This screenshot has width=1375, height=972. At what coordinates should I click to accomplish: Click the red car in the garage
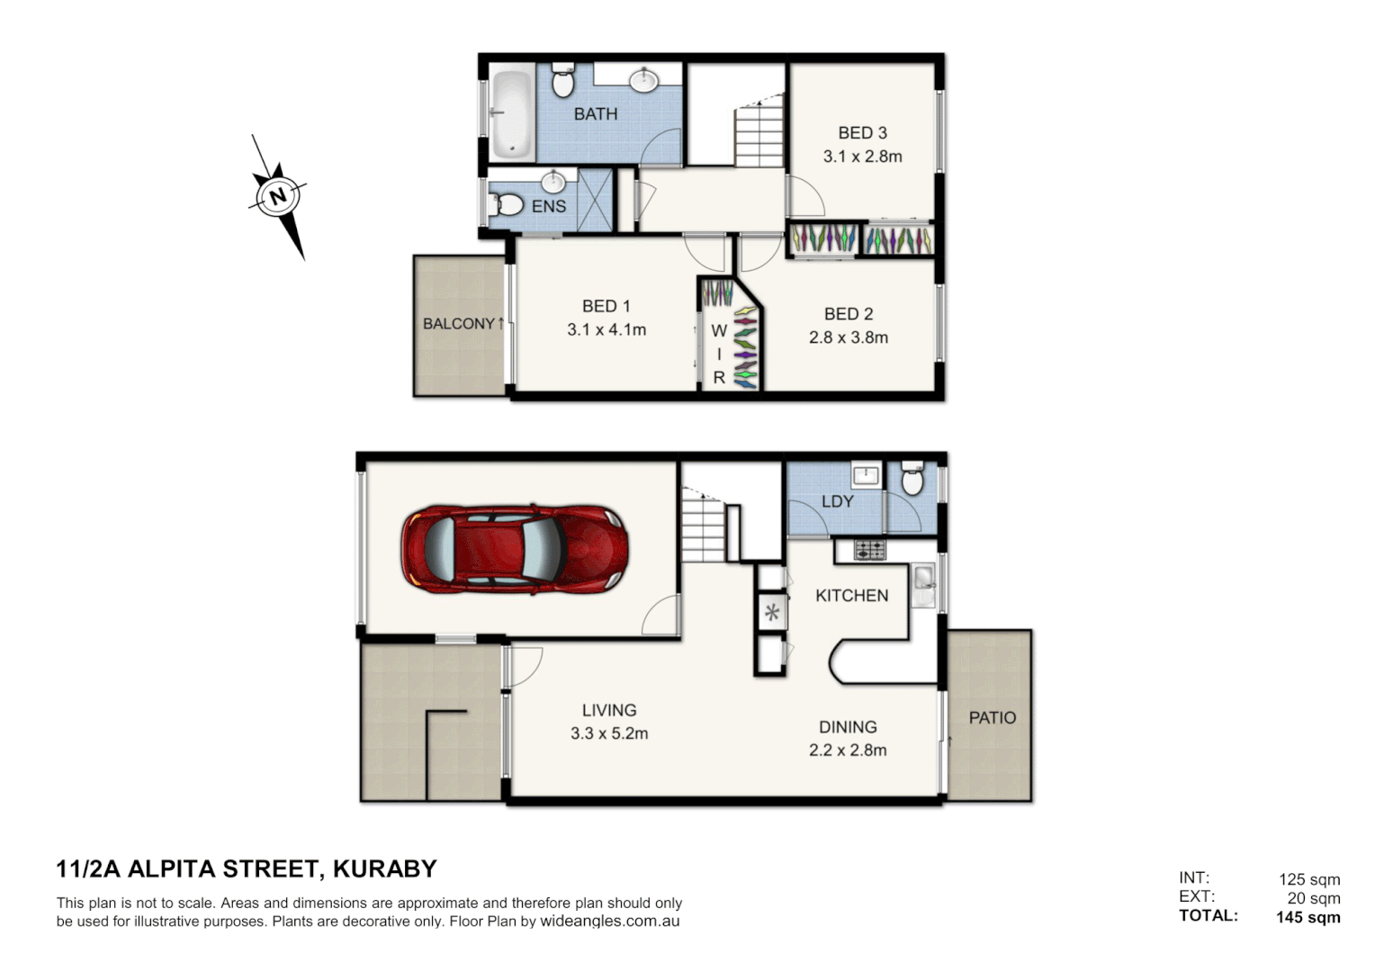(514, 548)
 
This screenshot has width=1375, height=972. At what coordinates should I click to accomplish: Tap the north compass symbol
(277, 196)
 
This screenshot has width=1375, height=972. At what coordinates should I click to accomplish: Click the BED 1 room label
(606, 306)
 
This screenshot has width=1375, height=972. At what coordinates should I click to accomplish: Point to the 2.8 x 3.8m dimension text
(848, 337)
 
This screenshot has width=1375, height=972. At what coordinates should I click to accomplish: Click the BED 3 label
(862, 132)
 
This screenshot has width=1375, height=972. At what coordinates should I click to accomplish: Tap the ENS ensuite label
(548, 206)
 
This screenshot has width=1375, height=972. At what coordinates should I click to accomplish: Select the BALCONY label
(459, 324)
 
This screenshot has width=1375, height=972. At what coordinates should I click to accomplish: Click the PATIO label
(992, 717)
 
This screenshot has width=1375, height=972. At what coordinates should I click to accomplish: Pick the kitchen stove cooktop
(869, 549)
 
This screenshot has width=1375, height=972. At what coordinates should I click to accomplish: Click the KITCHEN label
(851, 596)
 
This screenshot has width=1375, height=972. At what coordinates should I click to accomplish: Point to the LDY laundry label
(837, 501)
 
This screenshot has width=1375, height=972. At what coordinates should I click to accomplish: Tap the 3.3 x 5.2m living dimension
(609, 733)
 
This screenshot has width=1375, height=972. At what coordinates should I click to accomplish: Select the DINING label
(848, 726)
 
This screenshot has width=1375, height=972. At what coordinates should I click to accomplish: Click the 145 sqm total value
(1308, 917)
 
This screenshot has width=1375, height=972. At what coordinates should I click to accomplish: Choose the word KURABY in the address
(384, 868)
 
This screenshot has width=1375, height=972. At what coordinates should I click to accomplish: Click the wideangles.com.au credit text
(609, 922)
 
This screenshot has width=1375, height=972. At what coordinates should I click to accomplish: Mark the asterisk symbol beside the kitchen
(771, 614)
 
